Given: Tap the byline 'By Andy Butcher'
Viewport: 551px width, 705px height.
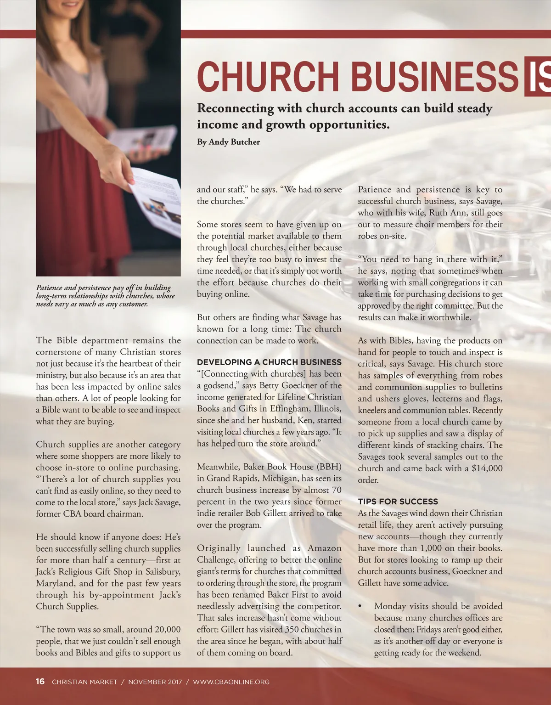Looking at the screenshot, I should pyautogui.click(x=228, y=142).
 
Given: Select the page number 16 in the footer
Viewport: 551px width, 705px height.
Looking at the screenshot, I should pyautogui.click(x=40, y=681).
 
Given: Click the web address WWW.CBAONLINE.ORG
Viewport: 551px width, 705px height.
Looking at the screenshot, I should pyautogui.click(x=231, y=682).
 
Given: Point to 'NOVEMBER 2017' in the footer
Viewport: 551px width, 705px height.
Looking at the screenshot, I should pyautogui.click(x=155, y=682).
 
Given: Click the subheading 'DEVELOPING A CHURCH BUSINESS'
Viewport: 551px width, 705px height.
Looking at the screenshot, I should pyautogui.click(x=269, y=362).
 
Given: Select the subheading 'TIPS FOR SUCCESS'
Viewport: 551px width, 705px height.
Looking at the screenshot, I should pyautogui.click(x=398, y=502).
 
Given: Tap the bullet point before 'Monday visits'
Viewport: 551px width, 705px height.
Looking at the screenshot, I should pyautogui.click(x=360, y=607).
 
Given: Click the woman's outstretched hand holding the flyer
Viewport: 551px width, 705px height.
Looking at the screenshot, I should pyautogui.click(x=120, y=168).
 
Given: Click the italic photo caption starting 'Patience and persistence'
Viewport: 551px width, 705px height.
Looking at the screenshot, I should pyautogui.click(x=105, y=295).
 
